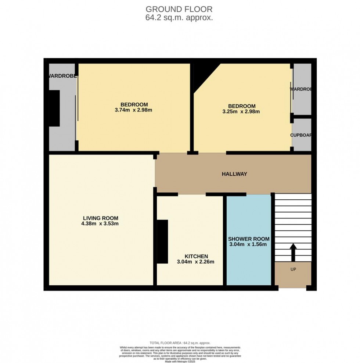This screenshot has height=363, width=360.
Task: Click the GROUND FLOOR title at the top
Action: [x=179, y=9]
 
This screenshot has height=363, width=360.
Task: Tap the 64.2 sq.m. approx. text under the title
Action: [x=179, y=17]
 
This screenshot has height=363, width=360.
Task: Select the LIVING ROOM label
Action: [x=100, y=218]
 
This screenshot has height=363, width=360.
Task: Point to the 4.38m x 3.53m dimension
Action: [x=100, y=223]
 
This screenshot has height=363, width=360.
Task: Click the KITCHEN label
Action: [x=196, y=256]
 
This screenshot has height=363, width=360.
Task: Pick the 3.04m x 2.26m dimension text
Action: [x=195, y=262]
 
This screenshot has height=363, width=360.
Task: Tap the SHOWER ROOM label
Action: [x=249, y=238]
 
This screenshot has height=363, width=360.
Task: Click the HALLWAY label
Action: [x=234, y=174]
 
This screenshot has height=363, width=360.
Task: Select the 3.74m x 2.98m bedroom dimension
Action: [x=134, y=110]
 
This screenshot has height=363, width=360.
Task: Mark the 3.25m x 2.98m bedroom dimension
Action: [x=241, y=112]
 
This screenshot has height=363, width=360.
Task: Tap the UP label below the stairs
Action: [x=293, y=269]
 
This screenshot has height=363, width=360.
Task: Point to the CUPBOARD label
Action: [x=301, y=135]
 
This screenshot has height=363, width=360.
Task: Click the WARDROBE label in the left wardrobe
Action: [x=62, y=76]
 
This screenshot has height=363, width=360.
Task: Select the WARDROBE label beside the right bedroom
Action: [x=301, y=89]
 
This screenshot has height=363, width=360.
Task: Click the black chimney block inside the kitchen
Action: [x=162, y=241]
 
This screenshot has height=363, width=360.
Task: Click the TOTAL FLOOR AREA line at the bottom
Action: [x=180, y=343]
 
